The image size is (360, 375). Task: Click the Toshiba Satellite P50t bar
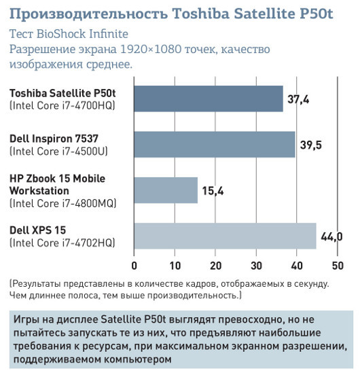[x=209, y=99]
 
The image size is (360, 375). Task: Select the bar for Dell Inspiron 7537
[x=215, y=144]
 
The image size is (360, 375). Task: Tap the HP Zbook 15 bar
[x=166, y=190]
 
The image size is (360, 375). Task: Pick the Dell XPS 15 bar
[x=225, y=236]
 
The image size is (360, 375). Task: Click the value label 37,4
[x=298, y=99]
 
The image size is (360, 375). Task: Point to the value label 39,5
[x=311, y=145]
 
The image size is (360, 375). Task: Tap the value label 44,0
[x=330, y=236]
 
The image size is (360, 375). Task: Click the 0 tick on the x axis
[x=134, y=266]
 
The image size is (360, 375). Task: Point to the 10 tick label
[x=175, y=266]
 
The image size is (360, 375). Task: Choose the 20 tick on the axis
[x=215, y=266]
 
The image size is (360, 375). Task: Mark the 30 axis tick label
[x=256, y=266]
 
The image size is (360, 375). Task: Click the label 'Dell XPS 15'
[x=38, y=230]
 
